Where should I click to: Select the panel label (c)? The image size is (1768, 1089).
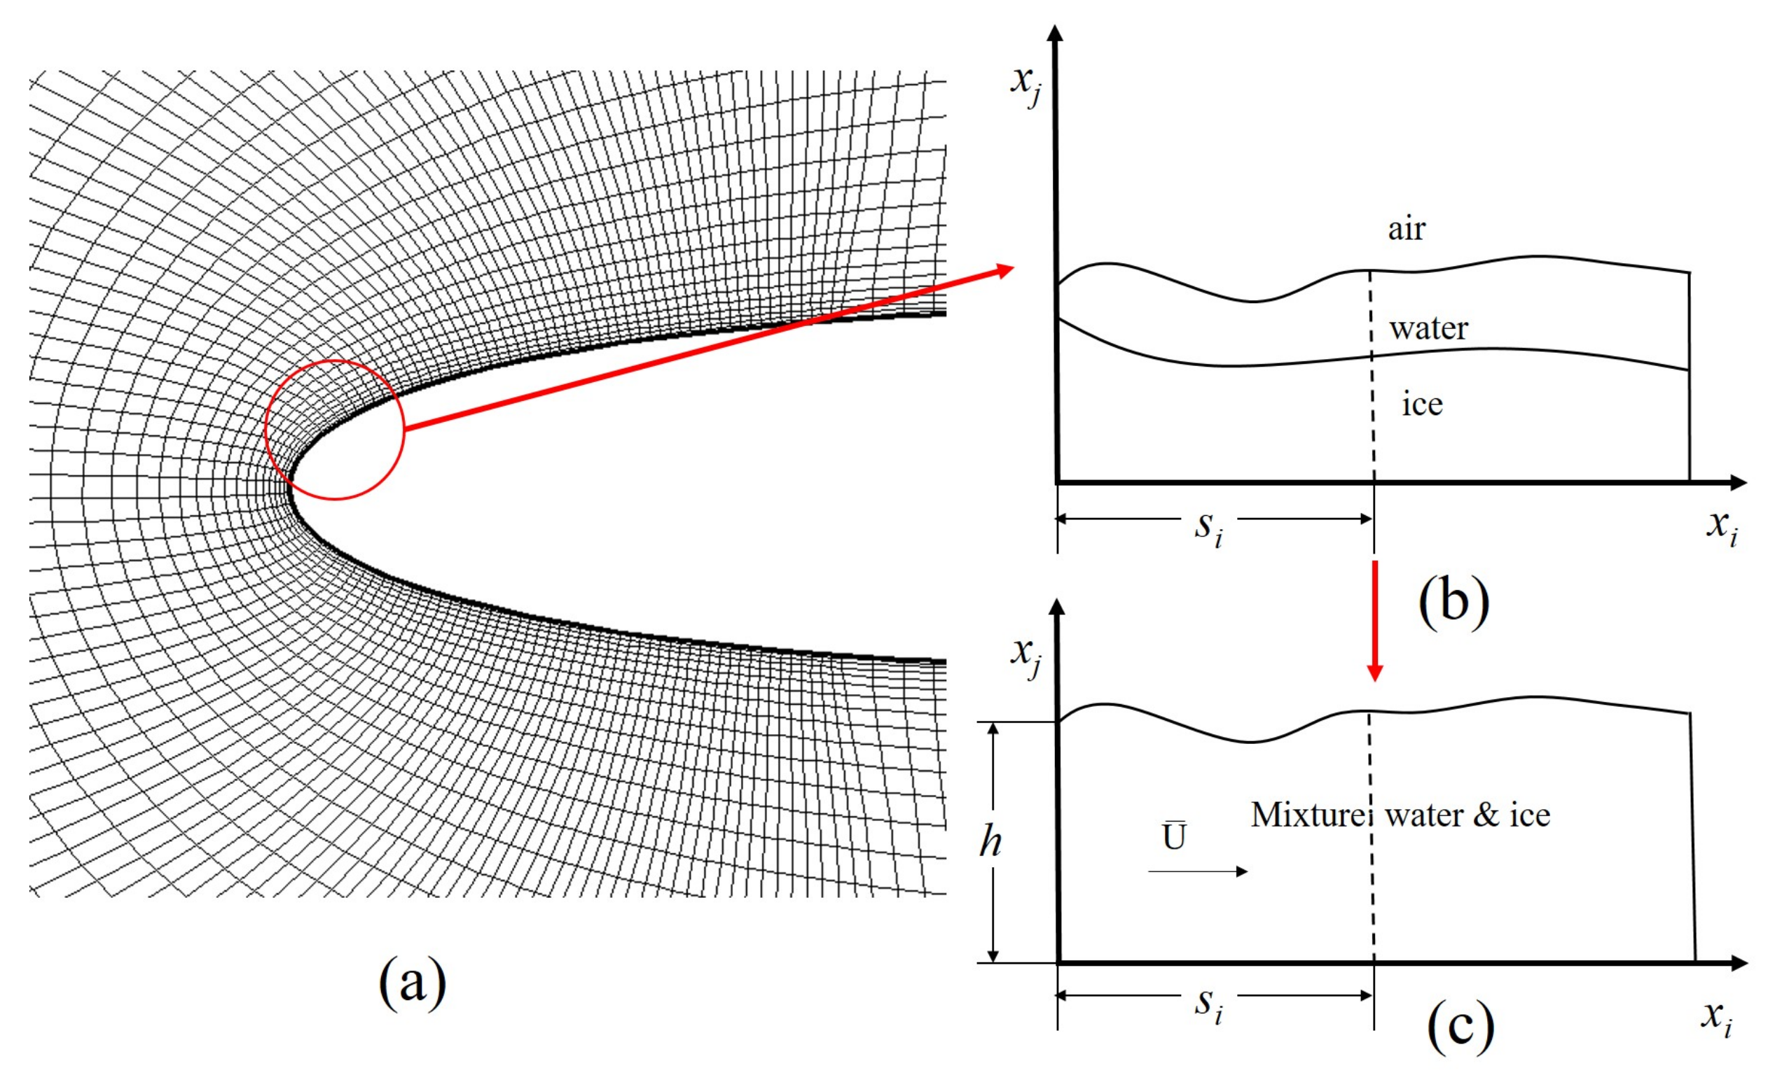(x=1460, y=1025)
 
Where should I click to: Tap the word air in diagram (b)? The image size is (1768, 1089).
(x=1406, y=229)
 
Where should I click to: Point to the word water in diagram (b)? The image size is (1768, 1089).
(x=1428, y=328)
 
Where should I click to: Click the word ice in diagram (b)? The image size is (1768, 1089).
(x=1422, y=404)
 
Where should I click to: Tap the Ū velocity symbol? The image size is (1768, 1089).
(x=1174, y=836)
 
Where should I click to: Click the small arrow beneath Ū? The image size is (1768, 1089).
(x=1197, y=871)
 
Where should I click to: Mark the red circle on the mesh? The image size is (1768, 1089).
(x=266, y=430)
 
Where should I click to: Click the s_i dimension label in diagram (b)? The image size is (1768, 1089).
(x=1208, y=527)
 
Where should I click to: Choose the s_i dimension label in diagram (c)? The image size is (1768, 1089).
(x=1208, y=1004)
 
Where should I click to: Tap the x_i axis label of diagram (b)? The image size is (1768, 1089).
(x=1721, y=527)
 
